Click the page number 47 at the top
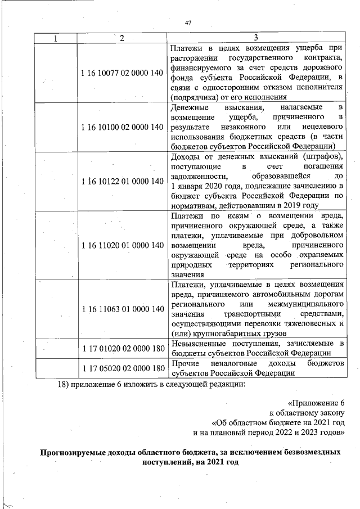188,23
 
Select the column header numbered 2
121,38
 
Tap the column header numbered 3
256,38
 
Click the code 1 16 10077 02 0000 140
121,73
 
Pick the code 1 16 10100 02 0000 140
121,127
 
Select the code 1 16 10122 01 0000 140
121,181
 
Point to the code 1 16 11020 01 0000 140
121,245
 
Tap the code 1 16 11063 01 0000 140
121,309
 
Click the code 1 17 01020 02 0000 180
121,348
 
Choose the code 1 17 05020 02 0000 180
121,368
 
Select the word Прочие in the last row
183,363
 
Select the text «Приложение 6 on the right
316,403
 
